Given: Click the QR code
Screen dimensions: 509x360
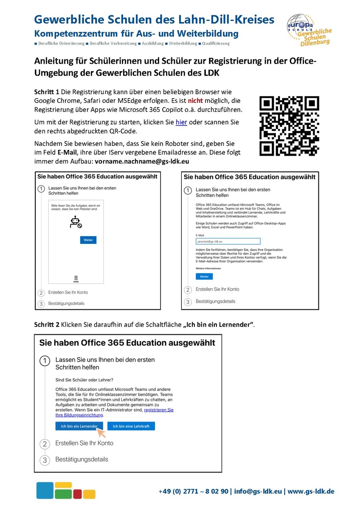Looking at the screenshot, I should (x=289, y=126).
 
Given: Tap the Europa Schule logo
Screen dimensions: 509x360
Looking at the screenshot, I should (x=308, y=30).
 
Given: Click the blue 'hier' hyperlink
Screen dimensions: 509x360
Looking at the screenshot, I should (x=181, y=122).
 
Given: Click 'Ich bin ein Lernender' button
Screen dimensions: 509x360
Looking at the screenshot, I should (x=79, y=426).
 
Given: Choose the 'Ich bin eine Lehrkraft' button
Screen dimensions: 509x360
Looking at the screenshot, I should (x=131, y=426).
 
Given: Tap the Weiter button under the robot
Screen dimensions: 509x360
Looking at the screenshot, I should (x=88, y=240).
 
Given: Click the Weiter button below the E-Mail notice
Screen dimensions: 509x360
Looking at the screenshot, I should (x=204, y=276).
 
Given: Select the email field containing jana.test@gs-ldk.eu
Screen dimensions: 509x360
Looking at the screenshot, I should (x=225, y=241).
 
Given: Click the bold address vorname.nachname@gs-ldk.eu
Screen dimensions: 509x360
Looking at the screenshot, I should (x=142, y=161).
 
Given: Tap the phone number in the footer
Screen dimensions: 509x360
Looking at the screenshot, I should (x=193, y=491).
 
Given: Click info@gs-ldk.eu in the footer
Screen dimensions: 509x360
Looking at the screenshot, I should (x=258, y=491).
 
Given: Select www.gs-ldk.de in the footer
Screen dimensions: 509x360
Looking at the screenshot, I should (x=311, y=491).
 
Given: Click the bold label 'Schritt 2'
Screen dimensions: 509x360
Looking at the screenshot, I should (x=47, y=325).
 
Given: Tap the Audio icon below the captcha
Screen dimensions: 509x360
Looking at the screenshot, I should (x=76, y=278).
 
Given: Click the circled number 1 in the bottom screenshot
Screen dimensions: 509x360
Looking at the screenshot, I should (x=45, y=362).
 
